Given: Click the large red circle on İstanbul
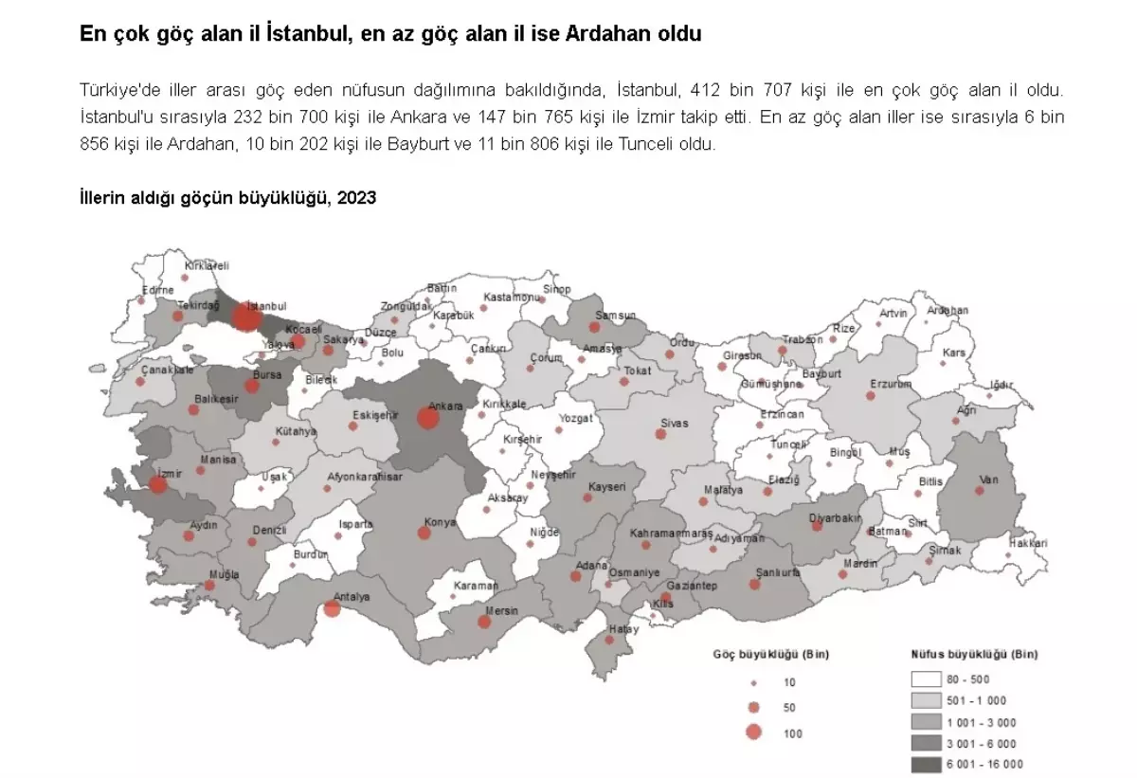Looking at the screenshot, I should [x=245, y=317].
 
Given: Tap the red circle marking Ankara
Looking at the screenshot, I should [x=427, y=418].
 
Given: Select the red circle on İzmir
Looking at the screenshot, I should [x=158, y=484].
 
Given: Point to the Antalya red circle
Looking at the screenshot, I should [x=332, y=608].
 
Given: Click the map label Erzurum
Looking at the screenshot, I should [x=891, y=384].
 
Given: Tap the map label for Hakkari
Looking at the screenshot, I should [x=1028, y=544].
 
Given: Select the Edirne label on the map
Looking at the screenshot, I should [x=157, y=290].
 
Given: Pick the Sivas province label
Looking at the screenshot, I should [x=675, y=423].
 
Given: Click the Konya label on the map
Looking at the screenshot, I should [x=440, y=522].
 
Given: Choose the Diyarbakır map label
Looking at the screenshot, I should [x=835, y=517].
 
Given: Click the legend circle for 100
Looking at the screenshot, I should [x=754, y=732].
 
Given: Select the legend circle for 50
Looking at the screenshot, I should [x=754, y=707].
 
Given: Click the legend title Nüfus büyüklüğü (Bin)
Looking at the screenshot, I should [x=974, y=655].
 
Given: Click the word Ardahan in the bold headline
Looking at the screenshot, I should [x=604, y=35].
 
